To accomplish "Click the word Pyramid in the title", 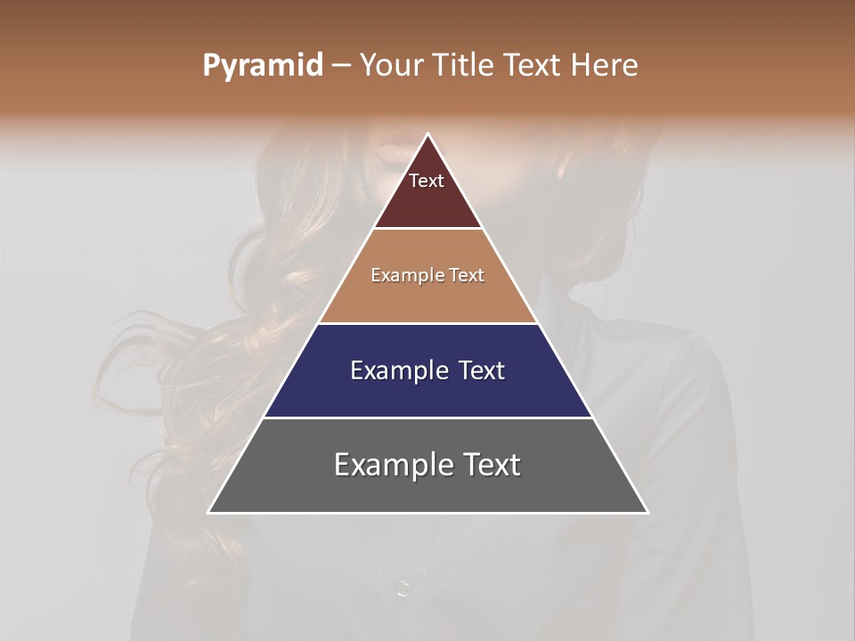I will tap(262, 66).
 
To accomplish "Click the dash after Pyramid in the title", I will tap(340, 66).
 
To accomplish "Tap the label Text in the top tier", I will tap(427, 181).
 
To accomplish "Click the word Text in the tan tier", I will tap(467, 275).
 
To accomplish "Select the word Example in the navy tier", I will tap(398, 370).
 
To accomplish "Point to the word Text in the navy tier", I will tap(481, 370).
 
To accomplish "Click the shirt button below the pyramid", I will tap(403, 588).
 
